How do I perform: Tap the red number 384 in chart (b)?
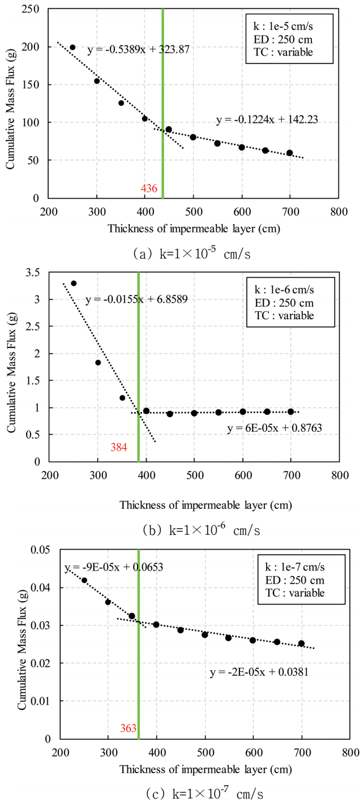pos(119,447)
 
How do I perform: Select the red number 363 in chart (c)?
pos(128,728)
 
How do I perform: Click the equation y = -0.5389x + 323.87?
pos(138,50)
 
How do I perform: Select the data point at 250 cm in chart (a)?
pos(72,48)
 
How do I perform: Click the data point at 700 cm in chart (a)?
pos(290,153)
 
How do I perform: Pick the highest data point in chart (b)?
pos(74,283)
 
